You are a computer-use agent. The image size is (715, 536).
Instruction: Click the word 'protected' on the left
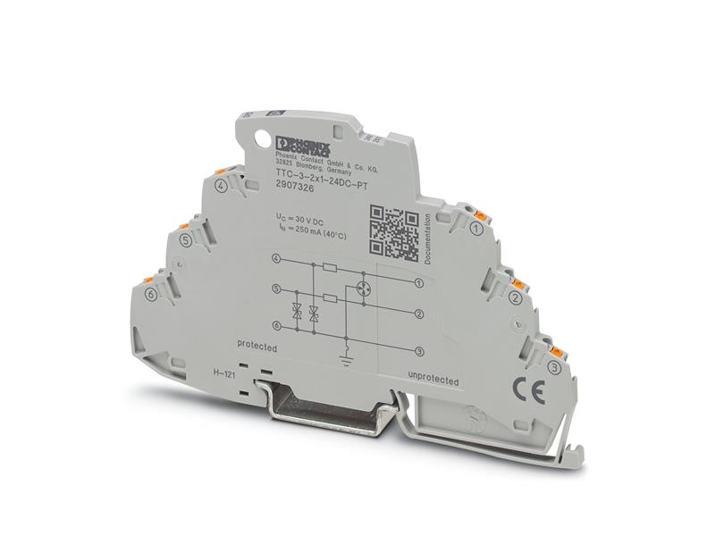(257, 345)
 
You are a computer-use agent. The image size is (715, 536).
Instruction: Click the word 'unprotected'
(433, 377)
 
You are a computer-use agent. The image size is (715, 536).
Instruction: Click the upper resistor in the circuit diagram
(330, 267)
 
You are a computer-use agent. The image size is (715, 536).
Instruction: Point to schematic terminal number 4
(276, 259)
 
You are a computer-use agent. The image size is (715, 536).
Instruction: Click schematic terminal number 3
(419, 354)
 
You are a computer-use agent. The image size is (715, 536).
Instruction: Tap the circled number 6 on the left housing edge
(151, 294)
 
